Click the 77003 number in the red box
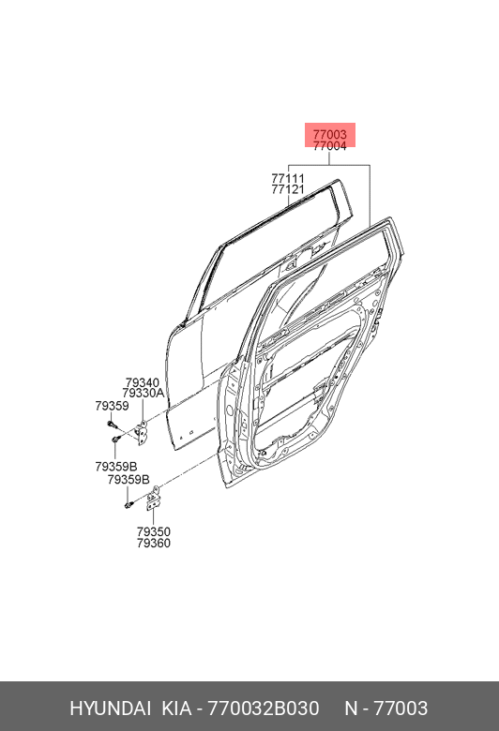click(x=329, y=135)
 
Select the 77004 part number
click(x=329, y=146)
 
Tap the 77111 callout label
click(x=288, y=179)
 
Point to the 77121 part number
click(x=288, y=189)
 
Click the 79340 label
click(x=143, y=383)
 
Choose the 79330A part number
click(x=144, y=394)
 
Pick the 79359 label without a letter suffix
click(x=112, y=406)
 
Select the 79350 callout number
click(x=154, y=532)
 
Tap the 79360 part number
click(x=154, y=544)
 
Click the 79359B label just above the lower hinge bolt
click(x=129, y=480)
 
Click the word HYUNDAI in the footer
click(x=110, y=709)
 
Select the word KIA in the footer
click(x=176, y=709)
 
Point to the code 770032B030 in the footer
click(x=264, y=709)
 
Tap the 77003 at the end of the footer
click(x=401, y=709)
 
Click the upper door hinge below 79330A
click(x=142, y=432)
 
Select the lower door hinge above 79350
click(x=153, y=499)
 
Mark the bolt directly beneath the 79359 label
click(x=111, y=424)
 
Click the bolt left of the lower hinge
click(x=129, y=504)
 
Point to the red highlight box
click(x=330, y=135)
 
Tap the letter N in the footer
click(x=351, y=709)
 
